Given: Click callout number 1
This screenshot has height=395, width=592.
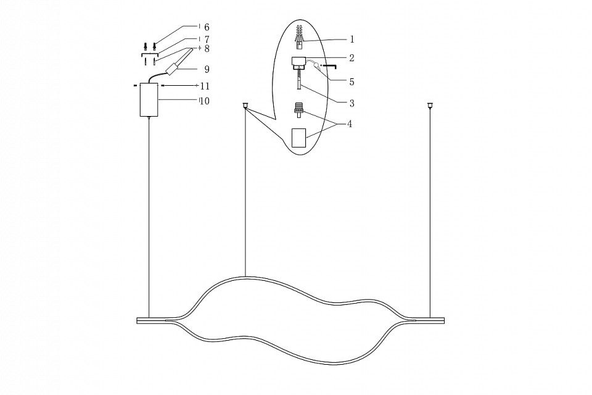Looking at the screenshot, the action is [x=352, y=39].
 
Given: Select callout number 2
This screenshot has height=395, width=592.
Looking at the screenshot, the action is [x=352, y=58].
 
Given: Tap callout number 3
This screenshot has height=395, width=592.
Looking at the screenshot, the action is [x=352, y=103].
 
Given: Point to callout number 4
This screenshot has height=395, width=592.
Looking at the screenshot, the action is [x=350, y=123].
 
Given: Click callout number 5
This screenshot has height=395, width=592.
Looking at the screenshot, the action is [x=352, y=81].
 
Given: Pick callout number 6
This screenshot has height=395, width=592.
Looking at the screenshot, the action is [x=207, y=27].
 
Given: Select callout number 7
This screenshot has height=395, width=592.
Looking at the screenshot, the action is [x=207, y=39].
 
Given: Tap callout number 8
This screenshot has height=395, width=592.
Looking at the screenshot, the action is [x=207, y=49].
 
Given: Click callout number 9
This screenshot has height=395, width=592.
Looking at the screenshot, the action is [x=207, y=69].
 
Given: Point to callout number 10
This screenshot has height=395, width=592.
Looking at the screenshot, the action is [x=205, y=101].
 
